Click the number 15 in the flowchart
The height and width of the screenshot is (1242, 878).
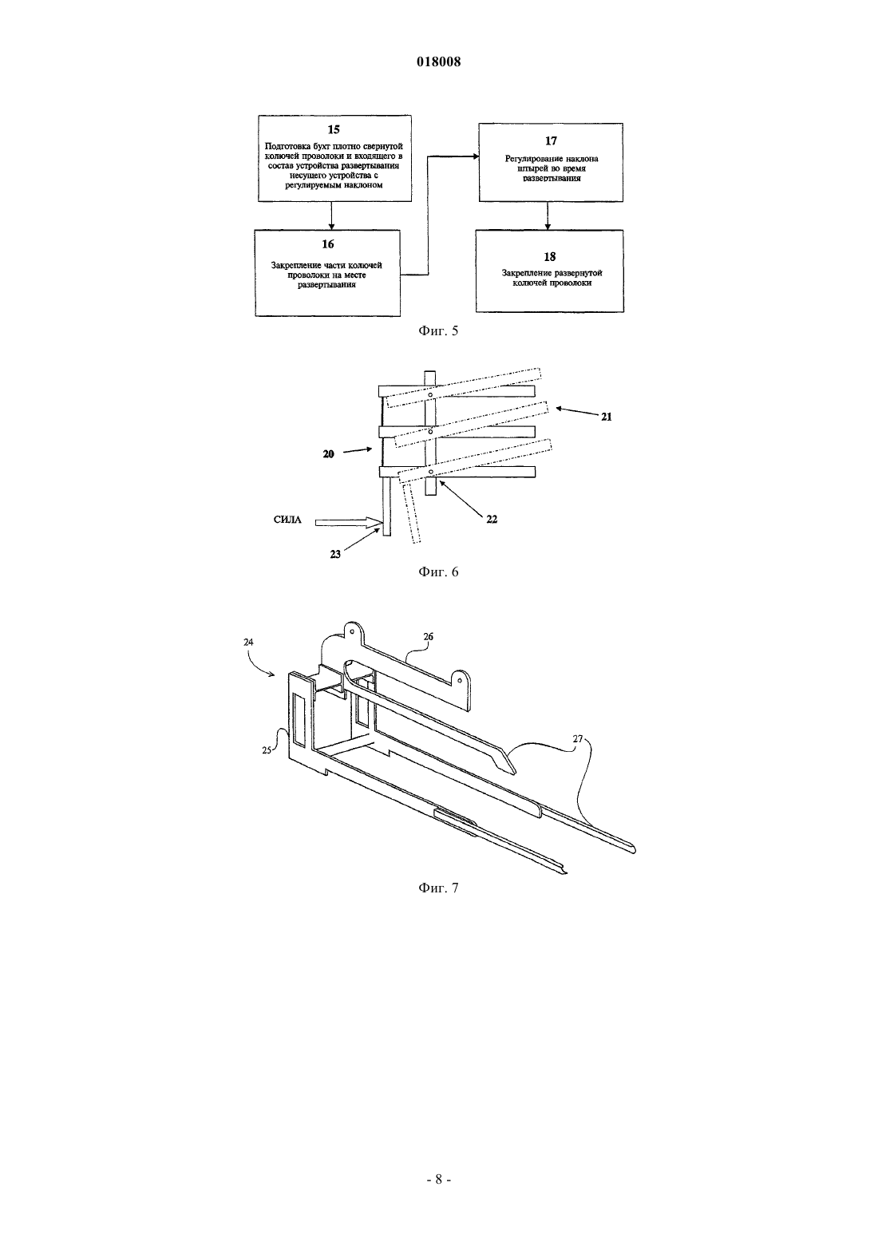333,129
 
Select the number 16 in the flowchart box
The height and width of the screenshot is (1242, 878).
327,244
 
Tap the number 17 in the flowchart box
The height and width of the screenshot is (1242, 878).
551,140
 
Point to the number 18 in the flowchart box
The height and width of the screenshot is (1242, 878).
549,257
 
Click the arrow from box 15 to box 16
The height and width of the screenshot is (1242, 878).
331,216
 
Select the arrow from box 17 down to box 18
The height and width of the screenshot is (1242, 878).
548,216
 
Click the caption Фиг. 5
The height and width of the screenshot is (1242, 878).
438,331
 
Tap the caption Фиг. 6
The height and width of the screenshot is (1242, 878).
438,572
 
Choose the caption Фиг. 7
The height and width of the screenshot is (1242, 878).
438,888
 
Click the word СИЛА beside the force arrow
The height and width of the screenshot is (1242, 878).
287,520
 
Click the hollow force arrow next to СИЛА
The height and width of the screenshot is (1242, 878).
348,522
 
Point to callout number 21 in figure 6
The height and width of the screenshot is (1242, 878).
607,417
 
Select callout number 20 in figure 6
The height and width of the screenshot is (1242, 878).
329,454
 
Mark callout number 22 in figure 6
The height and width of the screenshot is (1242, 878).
492,520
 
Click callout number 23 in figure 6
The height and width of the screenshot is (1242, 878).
335,554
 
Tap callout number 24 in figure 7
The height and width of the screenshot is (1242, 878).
248,642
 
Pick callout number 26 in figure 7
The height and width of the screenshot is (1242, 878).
429,636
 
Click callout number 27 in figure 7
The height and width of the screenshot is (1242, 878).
578,738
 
